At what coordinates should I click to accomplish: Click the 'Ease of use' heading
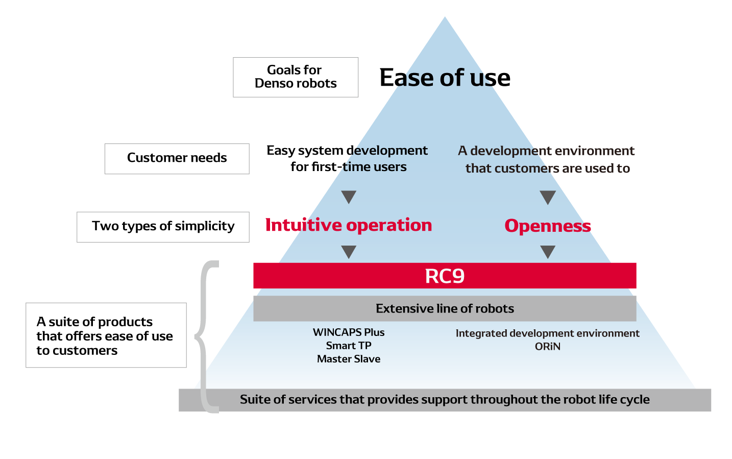tap(445, 78)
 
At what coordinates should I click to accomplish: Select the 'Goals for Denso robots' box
tap(296, 77)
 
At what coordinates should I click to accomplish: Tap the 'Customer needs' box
tap(177, 159)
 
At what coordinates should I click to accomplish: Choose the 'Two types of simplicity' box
tap(163, 227)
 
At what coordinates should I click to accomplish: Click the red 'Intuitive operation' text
tap(349, 225)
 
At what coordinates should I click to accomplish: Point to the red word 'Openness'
tap(548, 226)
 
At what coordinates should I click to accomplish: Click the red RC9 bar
tap(445, 276)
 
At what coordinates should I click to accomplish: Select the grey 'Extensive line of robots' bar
tap(445, 308)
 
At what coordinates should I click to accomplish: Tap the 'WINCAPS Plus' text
tap(349, 332)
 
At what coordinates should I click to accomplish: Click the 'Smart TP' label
tap(349, 346)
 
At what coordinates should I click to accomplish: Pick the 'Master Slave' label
tap(349, 359)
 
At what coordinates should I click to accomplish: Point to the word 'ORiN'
tap(548, 346)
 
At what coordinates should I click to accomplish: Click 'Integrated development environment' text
tap(548, 333)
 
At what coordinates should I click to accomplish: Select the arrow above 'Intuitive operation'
tap(349, 197)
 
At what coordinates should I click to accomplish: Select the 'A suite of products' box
tap(106, 335)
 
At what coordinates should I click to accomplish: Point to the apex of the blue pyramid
tap(445, 17)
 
